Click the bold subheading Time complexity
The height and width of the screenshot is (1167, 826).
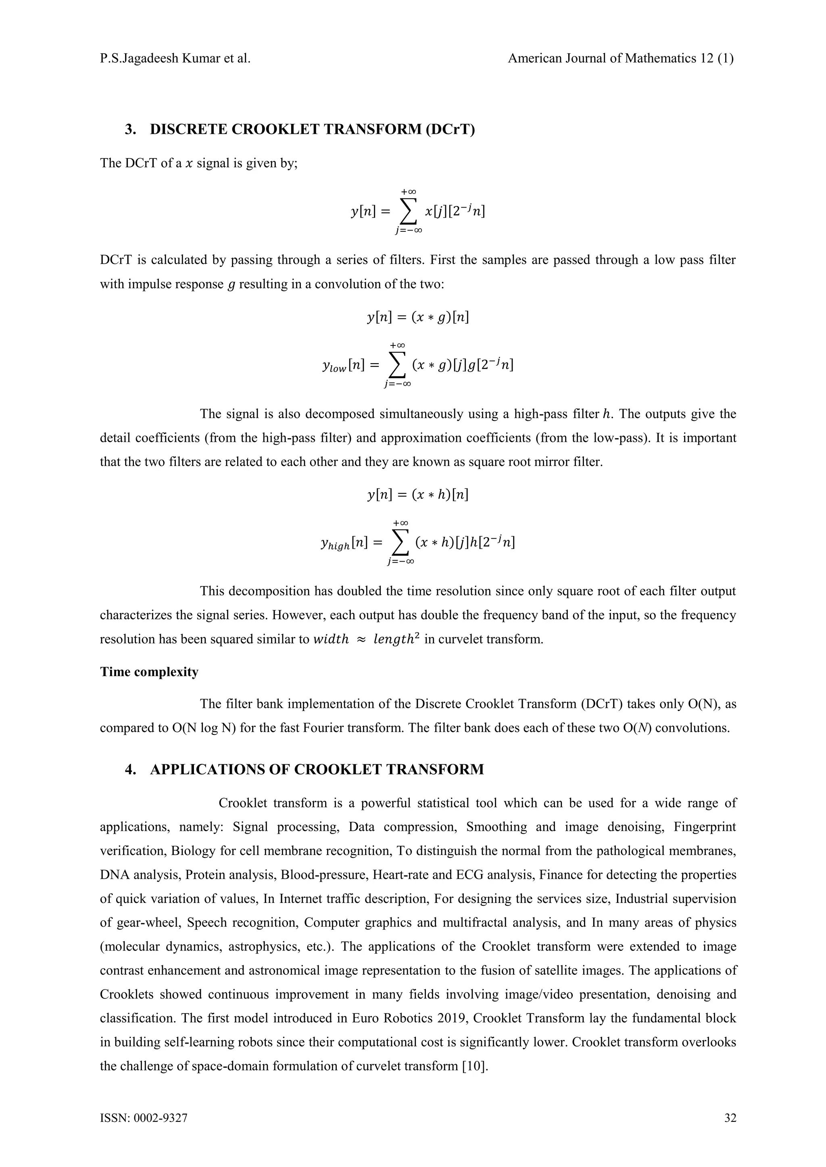[x=149, y=672]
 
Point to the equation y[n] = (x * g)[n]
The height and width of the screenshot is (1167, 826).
[x=417, y=318]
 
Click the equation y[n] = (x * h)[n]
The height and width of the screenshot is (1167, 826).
[x=417, y=495]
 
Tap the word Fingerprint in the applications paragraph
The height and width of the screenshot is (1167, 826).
[x=705, y=827]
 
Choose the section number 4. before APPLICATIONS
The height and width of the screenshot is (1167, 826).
[x=130, y=769]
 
